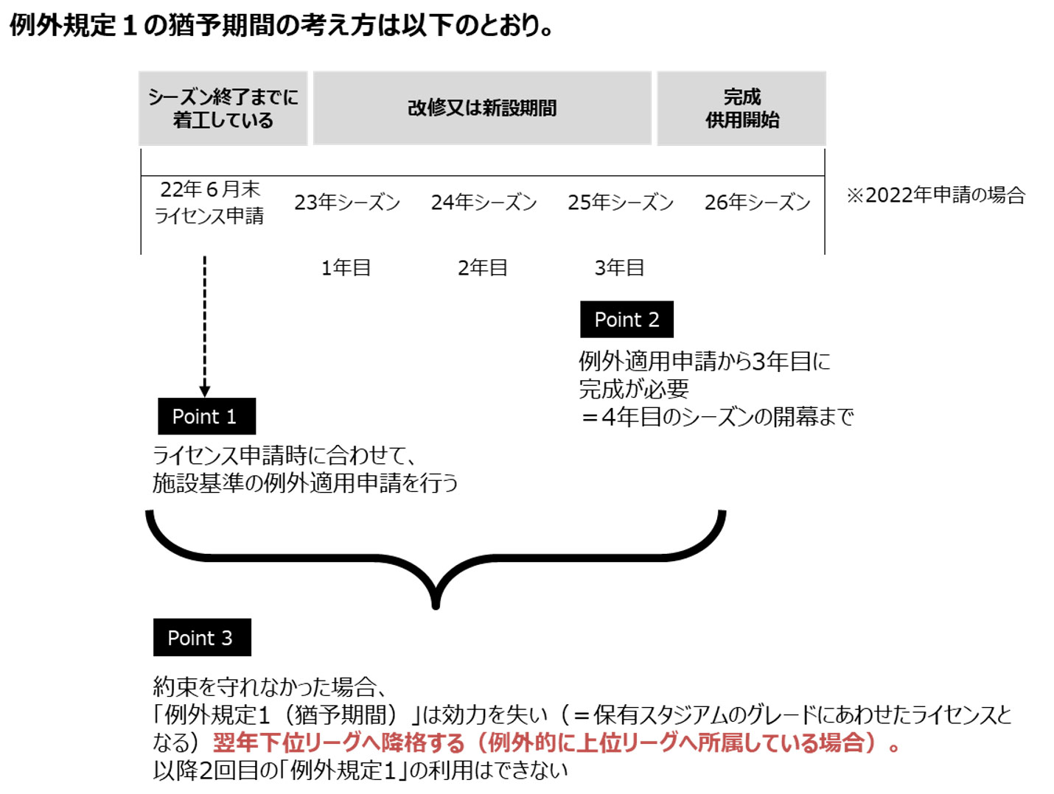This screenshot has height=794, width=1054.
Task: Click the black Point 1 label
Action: pyautogui.click(x=206, y=416)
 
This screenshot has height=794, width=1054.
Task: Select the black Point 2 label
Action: pyautogui.click(x=627, y=319)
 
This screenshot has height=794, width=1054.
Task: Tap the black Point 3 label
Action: pyautogui.click(x=202, y=637)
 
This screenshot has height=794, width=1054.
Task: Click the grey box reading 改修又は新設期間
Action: pyautogui.click(x=481, y=108)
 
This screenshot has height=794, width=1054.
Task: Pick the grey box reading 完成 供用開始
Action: pyautogui.click(x=741, y=108)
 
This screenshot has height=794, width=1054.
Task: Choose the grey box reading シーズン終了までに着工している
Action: pyautogui.click(x=223, y=108)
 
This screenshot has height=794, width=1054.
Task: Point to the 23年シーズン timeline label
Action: pyautogui.click(x=346, y=202)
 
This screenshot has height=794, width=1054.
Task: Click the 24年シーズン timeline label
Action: pyautogui.click(x=484, y=202)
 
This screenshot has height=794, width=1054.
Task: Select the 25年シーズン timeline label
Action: pyautogui.click(x=621, y=202)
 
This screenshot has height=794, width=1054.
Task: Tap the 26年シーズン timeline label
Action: pyautogui.click(x=757, y=202)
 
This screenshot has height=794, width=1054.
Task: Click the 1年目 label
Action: pyautogui.click(x=346, y=267)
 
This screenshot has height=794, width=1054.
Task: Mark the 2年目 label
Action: pyautogui.click(x=483, y=267)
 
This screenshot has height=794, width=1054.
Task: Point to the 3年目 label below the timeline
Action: pyautogui.click(x=619, y=267)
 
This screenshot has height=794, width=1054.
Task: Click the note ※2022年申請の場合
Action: pyautogui.click(x=935, y=194)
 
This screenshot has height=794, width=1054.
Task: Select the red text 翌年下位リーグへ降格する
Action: pyautogui.click(x=339, y=742)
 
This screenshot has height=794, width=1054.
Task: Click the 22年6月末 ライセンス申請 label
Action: pyautogui.click(x=209, y=203)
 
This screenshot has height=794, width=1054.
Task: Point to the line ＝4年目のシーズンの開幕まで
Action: pyautogui.click(x=716, y=417)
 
